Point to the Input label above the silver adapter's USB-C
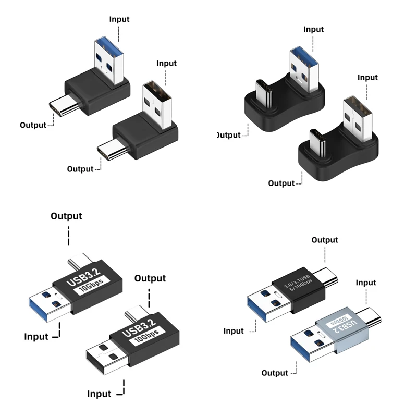tap(365, 283)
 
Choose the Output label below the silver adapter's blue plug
tap(275, 373)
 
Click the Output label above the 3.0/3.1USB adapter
tap(324, 240)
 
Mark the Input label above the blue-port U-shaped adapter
tap(314, 29)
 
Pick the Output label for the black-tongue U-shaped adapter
tap(281, 183)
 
